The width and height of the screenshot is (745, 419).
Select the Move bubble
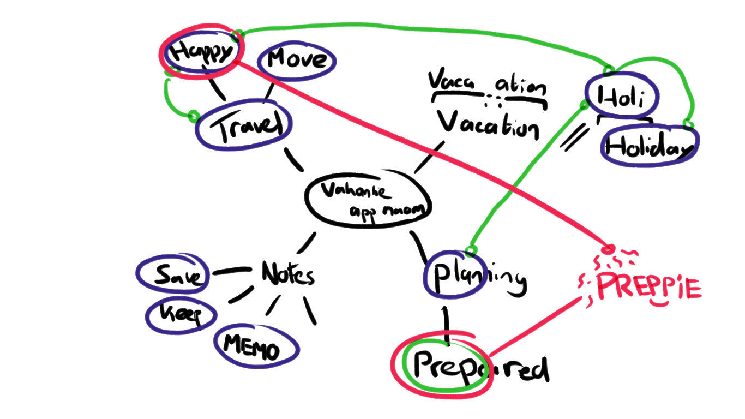(296, 59)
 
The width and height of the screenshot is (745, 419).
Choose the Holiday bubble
(649, 146)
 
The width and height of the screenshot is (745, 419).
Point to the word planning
(474, 277)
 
